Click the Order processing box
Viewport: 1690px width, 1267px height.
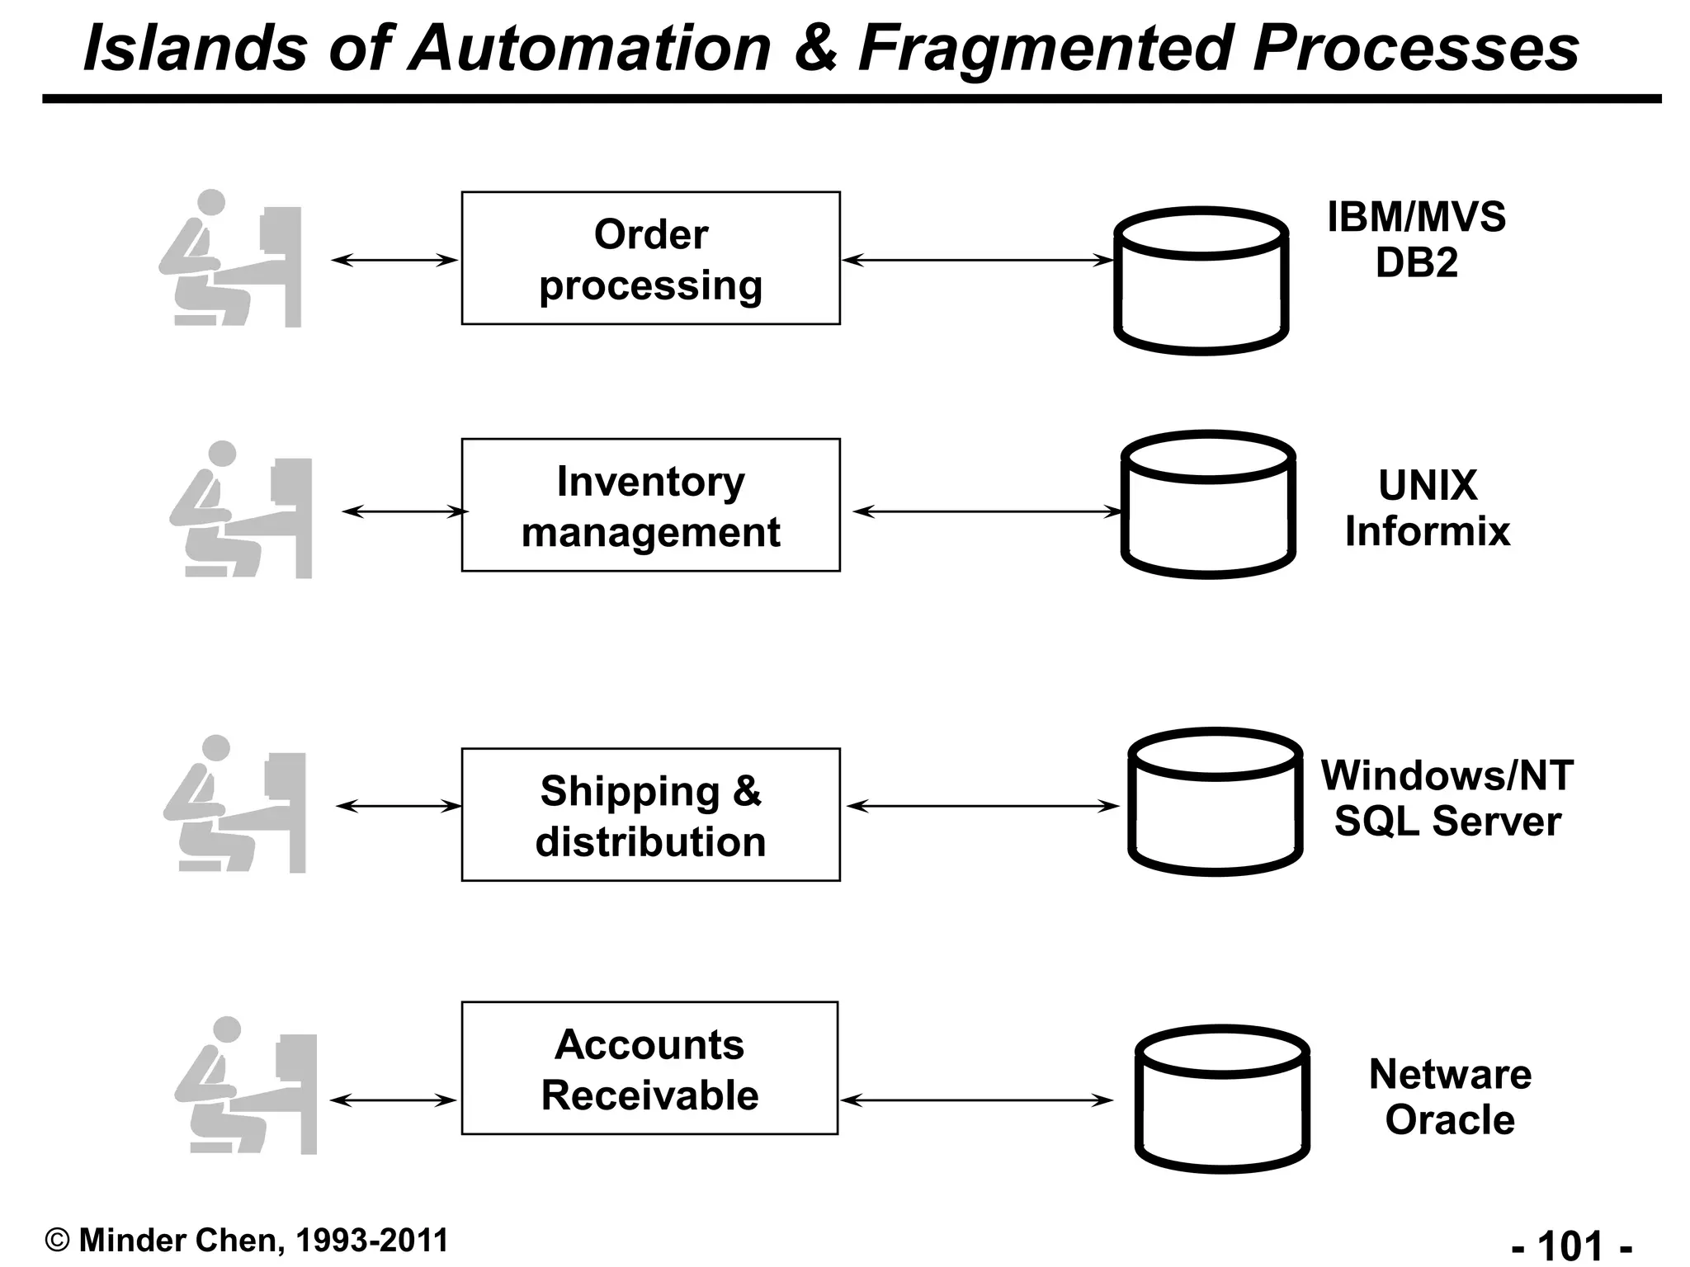650,258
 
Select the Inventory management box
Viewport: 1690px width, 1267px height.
650,505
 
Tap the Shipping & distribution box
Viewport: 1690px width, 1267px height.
650,815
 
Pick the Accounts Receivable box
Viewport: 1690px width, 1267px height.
649,1068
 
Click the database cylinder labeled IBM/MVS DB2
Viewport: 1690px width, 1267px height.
1201,281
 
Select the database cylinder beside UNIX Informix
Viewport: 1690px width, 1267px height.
1208,505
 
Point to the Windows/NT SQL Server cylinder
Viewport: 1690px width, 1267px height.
1215,802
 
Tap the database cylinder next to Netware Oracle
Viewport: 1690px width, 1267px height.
1222,1099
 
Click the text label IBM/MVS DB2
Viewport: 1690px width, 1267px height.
1416,239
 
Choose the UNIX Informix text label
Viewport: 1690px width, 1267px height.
1427,507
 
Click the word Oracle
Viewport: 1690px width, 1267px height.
1450,1120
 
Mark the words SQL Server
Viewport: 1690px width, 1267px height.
1447,822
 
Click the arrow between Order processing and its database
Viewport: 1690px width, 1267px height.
978,260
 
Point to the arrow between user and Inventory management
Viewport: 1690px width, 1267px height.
404,512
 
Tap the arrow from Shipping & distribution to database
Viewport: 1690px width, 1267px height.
983,806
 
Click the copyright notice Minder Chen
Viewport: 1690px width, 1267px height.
247,1241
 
